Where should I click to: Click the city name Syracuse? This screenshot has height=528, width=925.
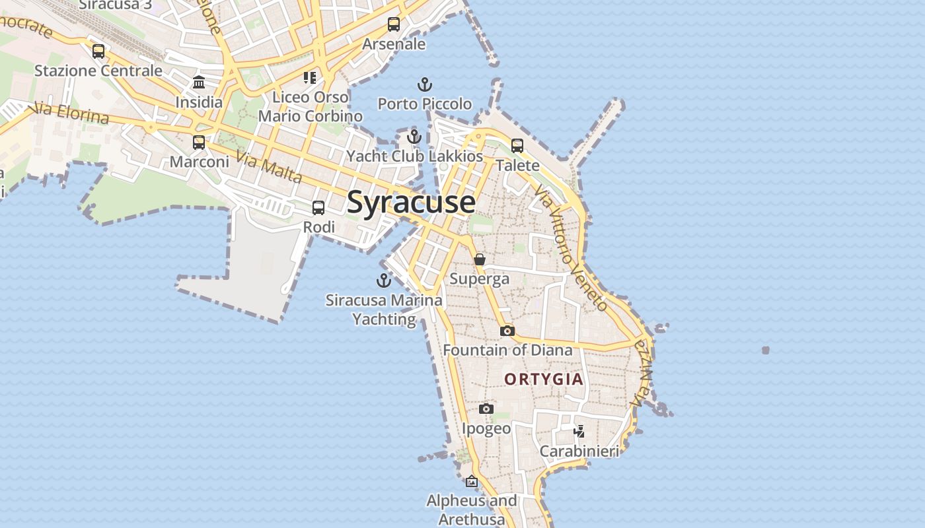[410, 202]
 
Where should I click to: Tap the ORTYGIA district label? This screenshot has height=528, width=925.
[544, 379]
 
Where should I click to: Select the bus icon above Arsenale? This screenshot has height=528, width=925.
[394, 24]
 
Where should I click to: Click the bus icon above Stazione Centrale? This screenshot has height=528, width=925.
[98, 51]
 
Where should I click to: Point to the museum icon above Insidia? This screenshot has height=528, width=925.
[199, 82]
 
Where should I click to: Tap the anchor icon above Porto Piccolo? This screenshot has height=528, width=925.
[425, 84]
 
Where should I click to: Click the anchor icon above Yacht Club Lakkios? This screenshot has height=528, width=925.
[414, 137]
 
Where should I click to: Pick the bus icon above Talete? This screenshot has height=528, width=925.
[517, 145]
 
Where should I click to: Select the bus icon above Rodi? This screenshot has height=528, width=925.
[318, 208]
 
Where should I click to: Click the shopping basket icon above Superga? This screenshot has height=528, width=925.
[480, 259]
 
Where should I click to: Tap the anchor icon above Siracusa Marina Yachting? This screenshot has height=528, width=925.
[384, 281]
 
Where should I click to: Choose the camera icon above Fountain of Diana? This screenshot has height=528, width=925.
[507, 331]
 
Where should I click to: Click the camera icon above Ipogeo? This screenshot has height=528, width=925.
[486, 409]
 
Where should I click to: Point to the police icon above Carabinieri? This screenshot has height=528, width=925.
[579, 432]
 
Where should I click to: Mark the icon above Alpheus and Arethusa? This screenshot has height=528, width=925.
[472, 481]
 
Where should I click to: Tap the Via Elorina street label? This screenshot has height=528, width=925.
[70, 113]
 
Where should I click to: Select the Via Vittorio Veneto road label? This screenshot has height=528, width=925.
[571, 247]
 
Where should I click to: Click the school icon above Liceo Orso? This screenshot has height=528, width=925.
[310, 78]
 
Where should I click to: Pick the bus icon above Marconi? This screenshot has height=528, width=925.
[199, 142]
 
